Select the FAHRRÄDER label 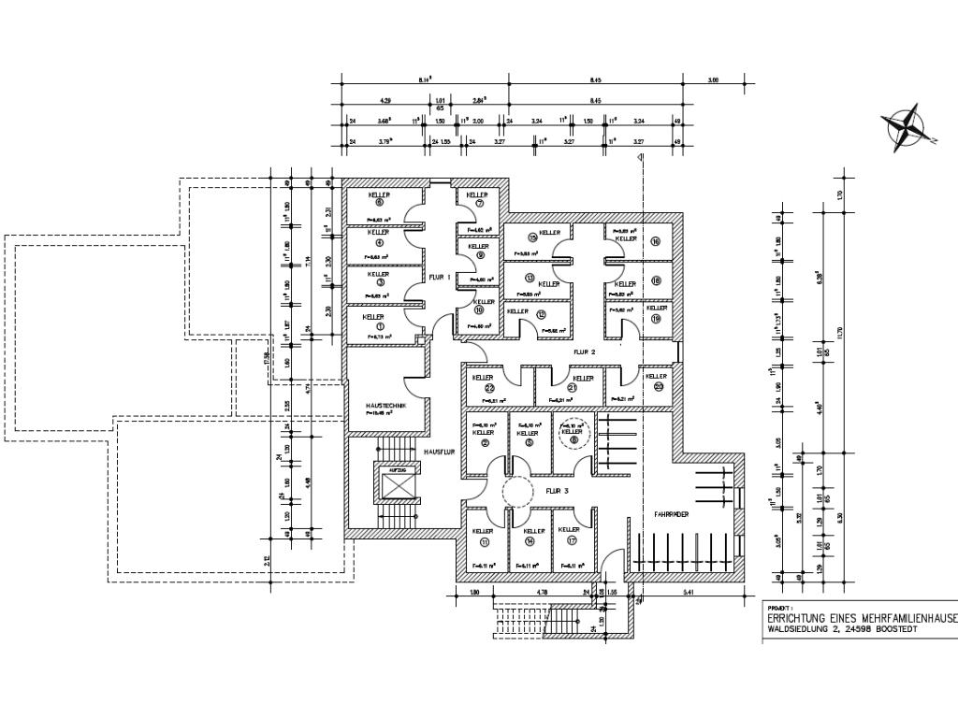pos(673,514)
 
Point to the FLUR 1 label pos(440,277)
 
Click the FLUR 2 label pos(585,352)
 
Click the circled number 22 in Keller pos(489,387)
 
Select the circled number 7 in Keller pos(479,203)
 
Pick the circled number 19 pos(656,319)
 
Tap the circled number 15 pos(532,237)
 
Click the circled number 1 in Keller pos(380,326)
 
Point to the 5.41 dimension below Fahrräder pos(688,592)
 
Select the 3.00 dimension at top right pos(713,80)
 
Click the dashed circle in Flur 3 pos(517,489)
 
